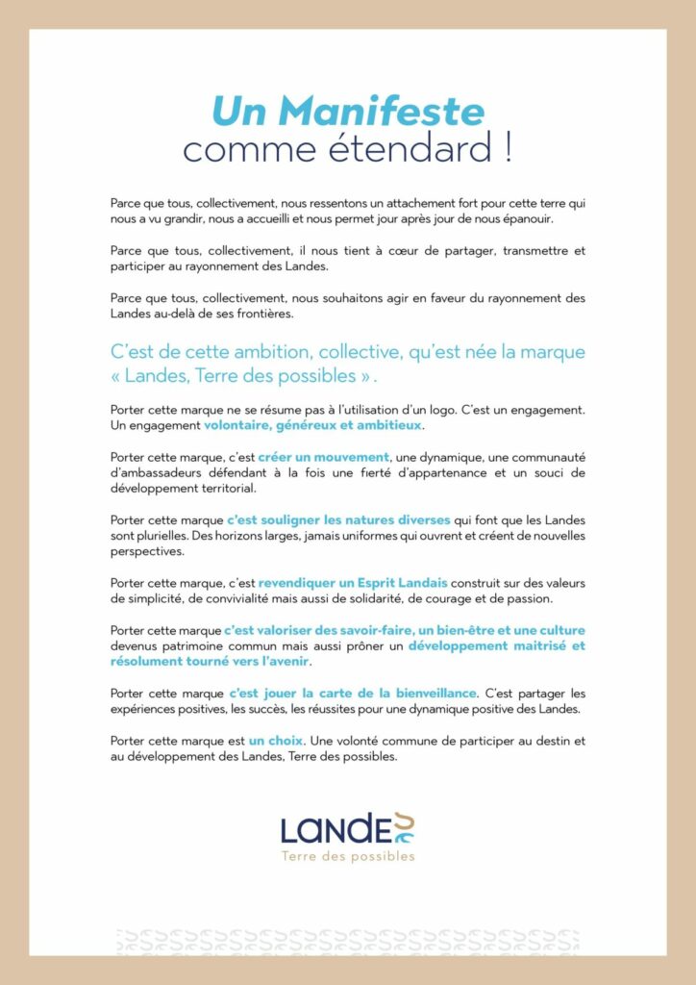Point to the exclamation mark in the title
pyautogui.click(x=506, y=149)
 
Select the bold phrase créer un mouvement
pyautogui.click(x=323, y=457)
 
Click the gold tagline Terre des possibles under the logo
pyautogui.click(x=347, y=855)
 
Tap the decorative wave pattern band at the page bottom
pyautogui.click(x=347, y=941)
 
